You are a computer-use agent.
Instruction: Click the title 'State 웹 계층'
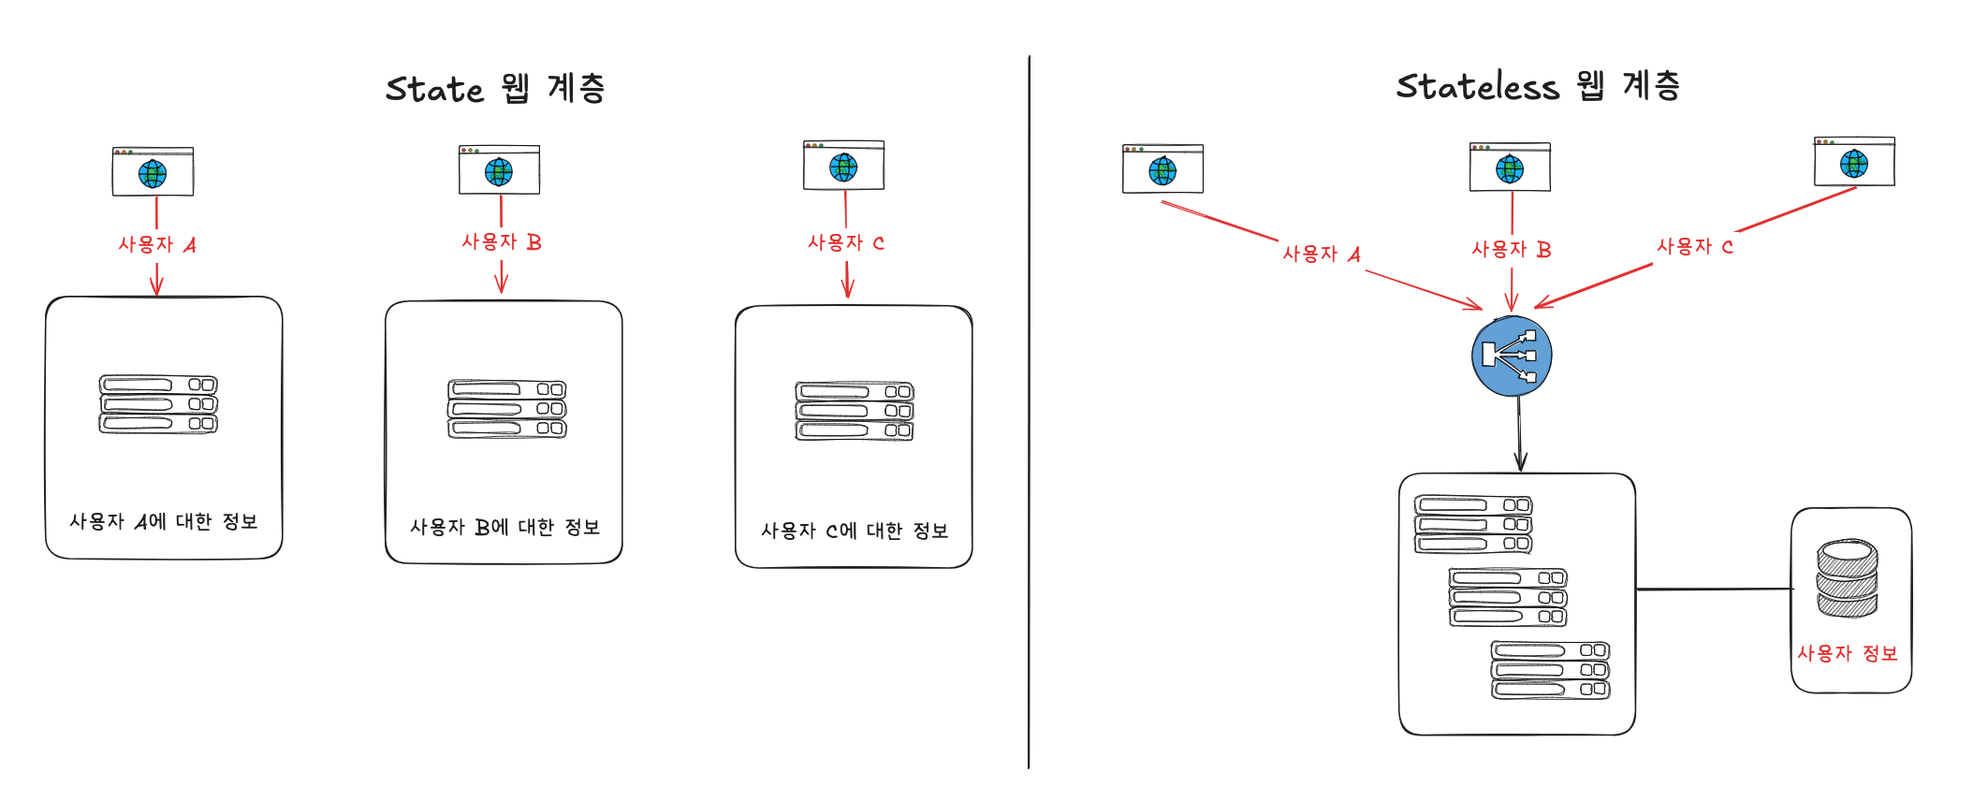(495, 89)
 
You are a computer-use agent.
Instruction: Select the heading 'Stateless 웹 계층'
(1538, 86)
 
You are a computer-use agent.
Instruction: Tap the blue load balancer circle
(1512, 356)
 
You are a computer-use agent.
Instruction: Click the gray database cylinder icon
(1847, 578)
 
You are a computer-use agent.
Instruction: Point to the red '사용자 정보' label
(1847, 653)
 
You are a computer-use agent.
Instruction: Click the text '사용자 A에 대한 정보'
(164, 521)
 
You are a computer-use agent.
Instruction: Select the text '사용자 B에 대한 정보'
(504, 527)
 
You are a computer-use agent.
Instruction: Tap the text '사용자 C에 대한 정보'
(855, 531)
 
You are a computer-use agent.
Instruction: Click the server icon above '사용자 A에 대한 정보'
(158, 404)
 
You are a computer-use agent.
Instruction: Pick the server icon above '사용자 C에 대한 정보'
(855, 411)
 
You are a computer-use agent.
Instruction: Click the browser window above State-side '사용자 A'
(153, 171)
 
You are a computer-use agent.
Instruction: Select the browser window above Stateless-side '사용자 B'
(1510, 167)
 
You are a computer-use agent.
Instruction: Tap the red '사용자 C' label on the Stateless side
(1694, 247)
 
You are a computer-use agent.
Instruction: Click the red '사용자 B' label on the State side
(502, 242)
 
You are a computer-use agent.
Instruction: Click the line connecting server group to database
(1713, 590)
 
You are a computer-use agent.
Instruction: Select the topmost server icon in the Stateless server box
(1473, 525)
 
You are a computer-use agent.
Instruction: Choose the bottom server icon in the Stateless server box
(1550, 670)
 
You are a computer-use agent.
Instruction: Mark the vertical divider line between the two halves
(1030, 412)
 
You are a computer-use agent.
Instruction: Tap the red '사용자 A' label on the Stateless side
(1321, 254)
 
